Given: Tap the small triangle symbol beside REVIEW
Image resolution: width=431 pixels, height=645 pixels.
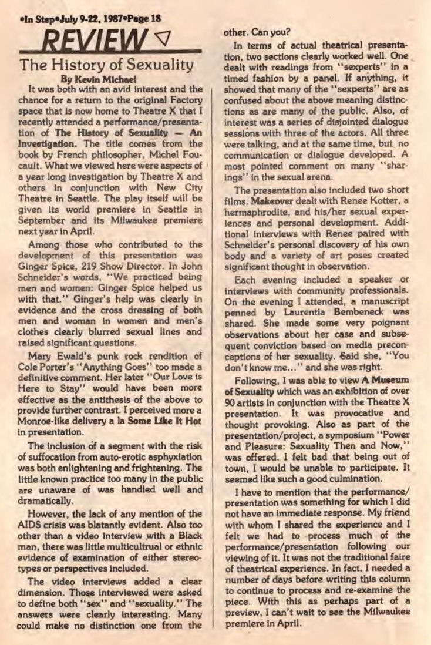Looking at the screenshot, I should tap(159, 40).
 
